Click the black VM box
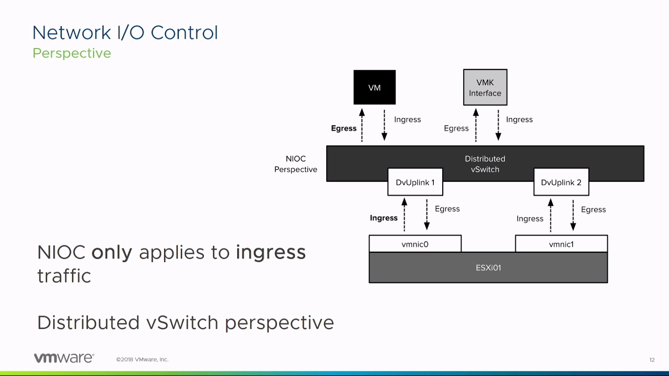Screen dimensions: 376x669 point(374,87)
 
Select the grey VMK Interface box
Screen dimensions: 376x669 point(485,87)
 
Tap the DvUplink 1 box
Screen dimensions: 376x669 point(415,182)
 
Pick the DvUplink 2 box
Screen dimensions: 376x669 point(561,182)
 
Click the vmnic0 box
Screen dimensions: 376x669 point(415,244)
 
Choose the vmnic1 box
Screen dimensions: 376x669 point(561,244)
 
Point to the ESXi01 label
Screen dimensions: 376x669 point(488,267)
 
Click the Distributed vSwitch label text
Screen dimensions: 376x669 point(485,163)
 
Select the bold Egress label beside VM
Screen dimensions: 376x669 point(343,128)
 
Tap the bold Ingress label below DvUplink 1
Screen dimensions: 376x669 point(384,218)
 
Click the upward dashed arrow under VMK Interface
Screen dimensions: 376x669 point(476,125)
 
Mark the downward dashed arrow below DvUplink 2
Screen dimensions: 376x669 point(573,215)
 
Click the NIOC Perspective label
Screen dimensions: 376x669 point(296,164)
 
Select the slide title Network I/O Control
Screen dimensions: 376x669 point(125,32)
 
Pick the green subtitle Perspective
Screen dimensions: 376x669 point(72,53)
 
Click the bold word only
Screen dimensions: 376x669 point(111,252)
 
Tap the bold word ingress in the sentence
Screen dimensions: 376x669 point(271,252)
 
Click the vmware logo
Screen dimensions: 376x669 point(64,358)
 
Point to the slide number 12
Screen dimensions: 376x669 point(652,360)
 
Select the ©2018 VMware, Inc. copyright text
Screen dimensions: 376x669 point(142,359)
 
